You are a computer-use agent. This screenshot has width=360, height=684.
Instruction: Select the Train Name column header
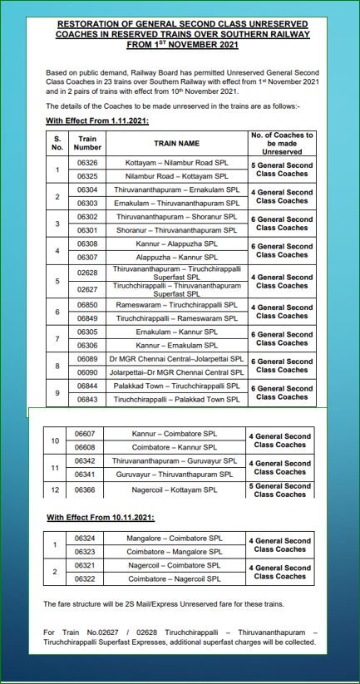click(176, 143)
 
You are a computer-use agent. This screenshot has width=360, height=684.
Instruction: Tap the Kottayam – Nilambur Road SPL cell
click(176, 163)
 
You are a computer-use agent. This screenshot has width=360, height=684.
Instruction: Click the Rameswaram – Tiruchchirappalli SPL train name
click(176, 305)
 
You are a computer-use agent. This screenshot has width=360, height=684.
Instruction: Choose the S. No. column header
click(57, 143)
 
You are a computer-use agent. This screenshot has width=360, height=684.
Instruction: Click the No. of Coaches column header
click(282, 143)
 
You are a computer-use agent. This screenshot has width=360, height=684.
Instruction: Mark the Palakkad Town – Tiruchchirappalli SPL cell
click(176, 386)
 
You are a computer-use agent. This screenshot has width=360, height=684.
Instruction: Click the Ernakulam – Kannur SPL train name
click(176, 332)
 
